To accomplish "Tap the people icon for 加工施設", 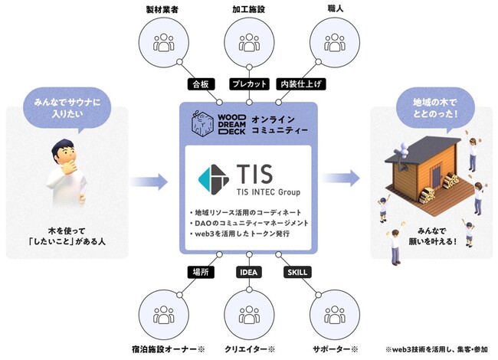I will (x=249, y=43).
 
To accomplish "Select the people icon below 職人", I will (x=334, y=43).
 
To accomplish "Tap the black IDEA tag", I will (x=249, y=272).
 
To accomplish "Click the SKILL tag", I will (x=297, y=272).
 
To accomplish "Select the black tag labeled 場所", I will (x=199, y=272).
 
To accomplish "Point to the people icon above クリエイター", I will (x=249, y=316).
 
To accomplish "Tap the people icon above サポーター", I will (x=334, y=316).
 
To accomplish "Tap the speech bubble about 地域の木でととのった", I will (x=432, y=106).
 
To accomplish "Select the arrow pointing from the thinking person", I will (x=149, y=182).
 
